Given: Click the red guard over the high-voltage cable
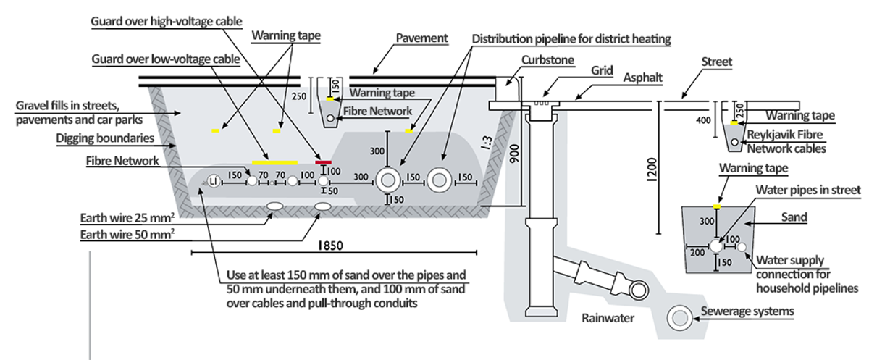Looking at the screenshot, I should (x=323, y=162).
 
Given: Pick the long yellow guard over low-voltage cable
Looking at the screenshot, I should (x=274, y=162).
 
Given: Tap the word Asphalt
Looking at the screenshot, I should (x=627, y=84).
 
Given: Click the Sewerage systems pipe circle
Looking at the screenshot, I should (x=680, y=317).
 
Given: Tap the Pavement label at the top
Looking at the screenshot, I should (x=422, y=36).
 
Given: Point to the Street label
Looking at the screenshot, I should (x=717, y=62).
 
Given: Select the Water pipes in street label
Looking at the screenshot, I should (x=808, y=190).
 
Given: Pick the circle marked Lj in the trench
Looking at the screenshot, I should (x=214, y=183).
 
